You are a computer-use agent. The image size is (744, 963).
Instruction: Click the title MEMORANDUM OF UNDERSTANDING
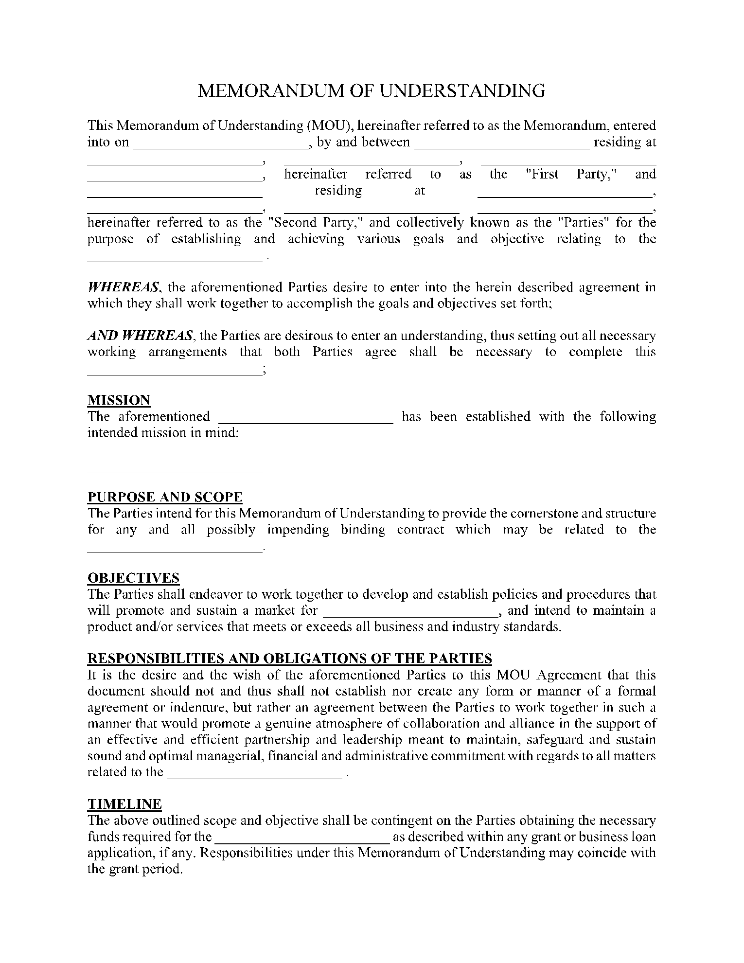372,91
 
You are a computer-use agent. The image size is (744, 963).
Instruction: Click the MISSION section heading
119,400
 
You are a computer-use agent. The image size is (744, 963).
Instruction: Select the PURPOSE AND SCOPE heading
165,497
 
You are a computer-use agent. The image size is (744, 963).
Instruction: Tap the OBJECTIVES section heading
133,578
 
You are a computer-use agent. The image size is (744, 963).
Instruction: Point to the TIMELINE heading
124,804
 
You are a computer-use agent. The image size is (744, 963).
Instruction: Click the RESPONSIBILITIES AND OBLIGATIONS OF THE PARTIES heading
289,659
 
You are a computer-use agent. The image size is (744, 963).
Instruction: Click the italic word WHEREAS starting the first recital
123,287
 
